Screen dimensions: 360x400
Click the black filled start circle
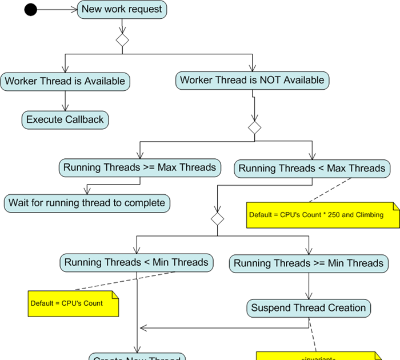pyautogui.click(x=30, y=9)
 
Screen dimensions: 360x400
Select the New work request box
pyautogui.click(x=122, y=9)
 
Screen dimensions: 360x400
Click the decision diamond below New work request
pyautogui.click(x=122, y=40)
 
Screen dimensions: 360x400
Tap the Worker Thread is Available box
pyautogui.click(x=65, y=81)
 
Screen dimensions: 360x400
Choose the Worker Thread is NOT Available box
pyautogui.click(x=252, y=81)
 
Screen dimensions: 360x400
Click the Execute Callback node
pyautogui.click(x=65, y=119)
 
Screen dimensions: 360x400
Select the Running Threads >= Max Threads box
pyautogui.click(x=140, y=167)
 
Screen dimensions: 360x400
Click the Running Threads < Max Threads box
pyautogui.click(x=312, y=168)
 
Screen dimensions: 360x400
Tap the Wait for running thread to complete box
pyautogui.click(x=87, y=203)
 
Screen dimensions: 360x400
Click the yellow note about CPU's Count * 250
pyautogui.click(x=322, y=215)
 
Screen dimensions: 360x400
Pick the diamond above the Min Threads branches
pyautogui.click(x=217, y=218)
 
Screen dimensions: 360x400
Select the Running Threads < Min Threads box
pyautogui.click(x=137, y=263)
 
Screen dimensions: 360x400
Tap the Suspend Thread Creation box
pyautogui.click(x=309, y=308)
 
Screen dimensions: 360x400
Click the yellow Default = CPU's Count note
pyautogui.click(x=73, y=303)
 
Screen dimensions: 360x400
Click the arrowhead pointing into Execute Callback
pyautogui.click(x=65, y=108)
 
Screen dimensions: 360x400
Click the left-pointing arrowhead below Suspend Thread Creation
pyautogui.click(x=144, y=328)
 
